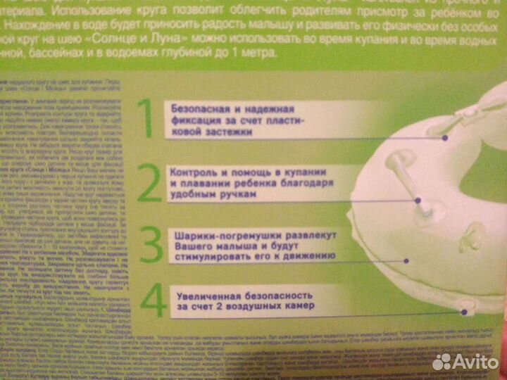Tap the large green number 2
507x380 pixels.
coord(149,184)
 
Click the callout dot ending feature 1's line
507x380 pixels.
coord(445,139)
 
